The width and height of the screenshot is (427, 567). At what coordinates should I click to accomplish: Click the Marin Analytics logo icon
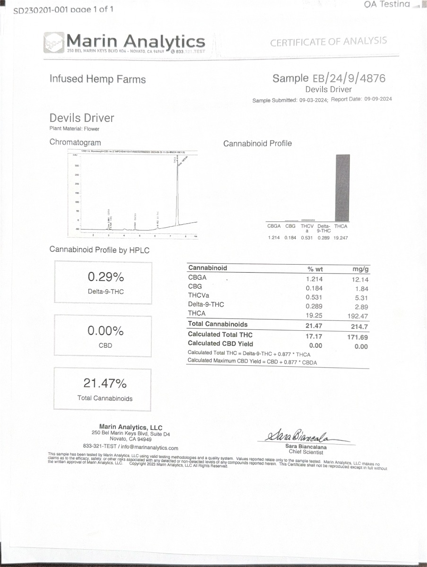pyautogui.click(x=53, y=43)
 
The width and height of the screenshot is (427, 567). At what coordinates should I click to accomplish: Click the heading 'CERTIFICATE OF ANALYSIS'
pyautogui.click(x=328, y=42)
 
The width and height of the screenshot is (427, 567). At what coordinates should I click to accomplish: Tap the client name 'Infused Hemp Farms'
pyautogui.click(x=97, y=79)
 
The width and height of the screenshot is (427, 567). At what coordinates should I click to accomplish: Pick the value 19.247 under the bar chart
pyautogui.click(x=340, y=238)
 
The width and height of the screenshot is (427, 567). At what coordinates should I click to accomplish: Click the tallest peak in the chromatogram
pyautogui.click(x=177, y=189)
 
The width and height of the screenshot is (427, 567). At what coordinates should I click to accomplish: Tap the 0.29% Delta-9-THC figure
pyautogui.click(x=105, y=277)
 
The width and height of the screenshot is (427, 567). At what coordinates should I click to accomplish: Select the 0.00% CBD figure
pyautogui.click(x=105, y=331)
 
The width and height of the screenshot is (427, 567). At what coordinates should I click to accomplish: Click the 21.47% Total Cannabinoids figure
pyautogui.click(x=105, y=383)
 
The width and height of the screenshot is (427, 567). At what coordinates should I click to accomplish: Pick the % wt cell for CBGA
pyautogui.click(x=314, y=279)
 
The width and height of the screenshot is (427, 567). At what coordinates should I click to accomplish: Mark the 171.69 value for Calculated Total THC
pyautogui.click(x=357, y=337)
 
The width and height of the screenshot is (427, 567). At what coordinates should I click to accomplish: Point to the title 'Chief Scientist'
pyautogui.click(x=305, y=452)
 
